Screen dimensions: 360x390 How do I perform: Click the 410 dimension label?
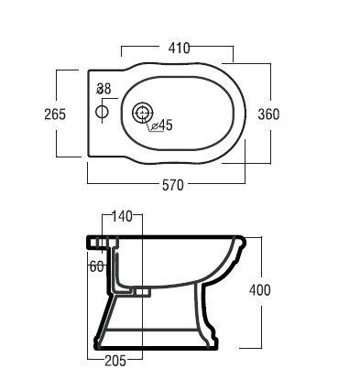coord(180,49)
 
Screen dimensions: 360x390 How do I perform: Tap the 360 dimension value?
coord(268,114)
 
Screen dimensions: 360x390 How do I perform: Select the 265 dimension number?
coord(55,114)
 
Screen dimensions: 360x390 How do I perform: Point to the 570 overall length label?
coord(173,185)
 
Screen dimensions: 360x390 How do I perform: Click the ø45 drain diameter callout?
coord(162,125)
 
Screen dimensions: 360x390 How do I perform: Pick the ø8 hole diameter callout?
coord(104,89)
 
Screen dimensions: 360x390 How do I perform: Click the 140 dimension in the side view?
coord(122,216)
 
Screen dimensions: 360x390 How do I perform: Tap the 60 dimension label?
coord(97,266)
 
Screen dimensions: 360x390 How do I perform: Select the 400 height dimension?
coord(260,290)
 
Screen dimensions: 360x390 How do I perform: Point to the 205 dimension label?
coord(115,361)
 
